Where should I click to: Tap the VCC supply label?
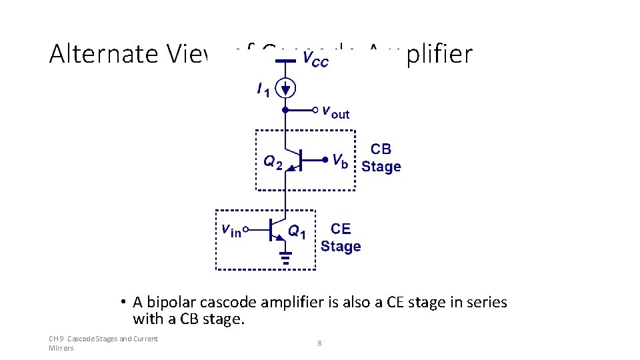pos(315,59)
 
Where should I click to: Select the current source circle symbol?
pos(285,87)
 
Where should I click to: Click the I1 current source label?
pos(263,89)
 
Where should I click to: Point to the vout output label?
pos(335,111)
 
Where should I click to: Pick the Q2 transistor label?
pos(273,161)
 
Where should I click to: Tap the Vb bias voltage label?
pos(339,161)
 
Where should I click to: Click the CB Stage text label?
pos(381,158)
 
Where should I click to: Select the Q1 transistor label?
pos(297,231)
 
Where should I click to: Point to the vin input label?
pos(231,230)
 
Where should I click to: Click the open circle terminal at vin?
pos(245,230)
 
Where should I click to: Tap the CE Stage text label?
pos(341,238)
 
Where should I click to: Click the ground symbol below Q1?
pos(285,257)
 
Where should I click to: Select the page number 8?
pos(319,343)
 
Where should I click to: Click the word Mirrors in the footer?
pos(61,348)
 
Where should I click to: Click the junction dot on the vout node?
pos(285,109)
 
